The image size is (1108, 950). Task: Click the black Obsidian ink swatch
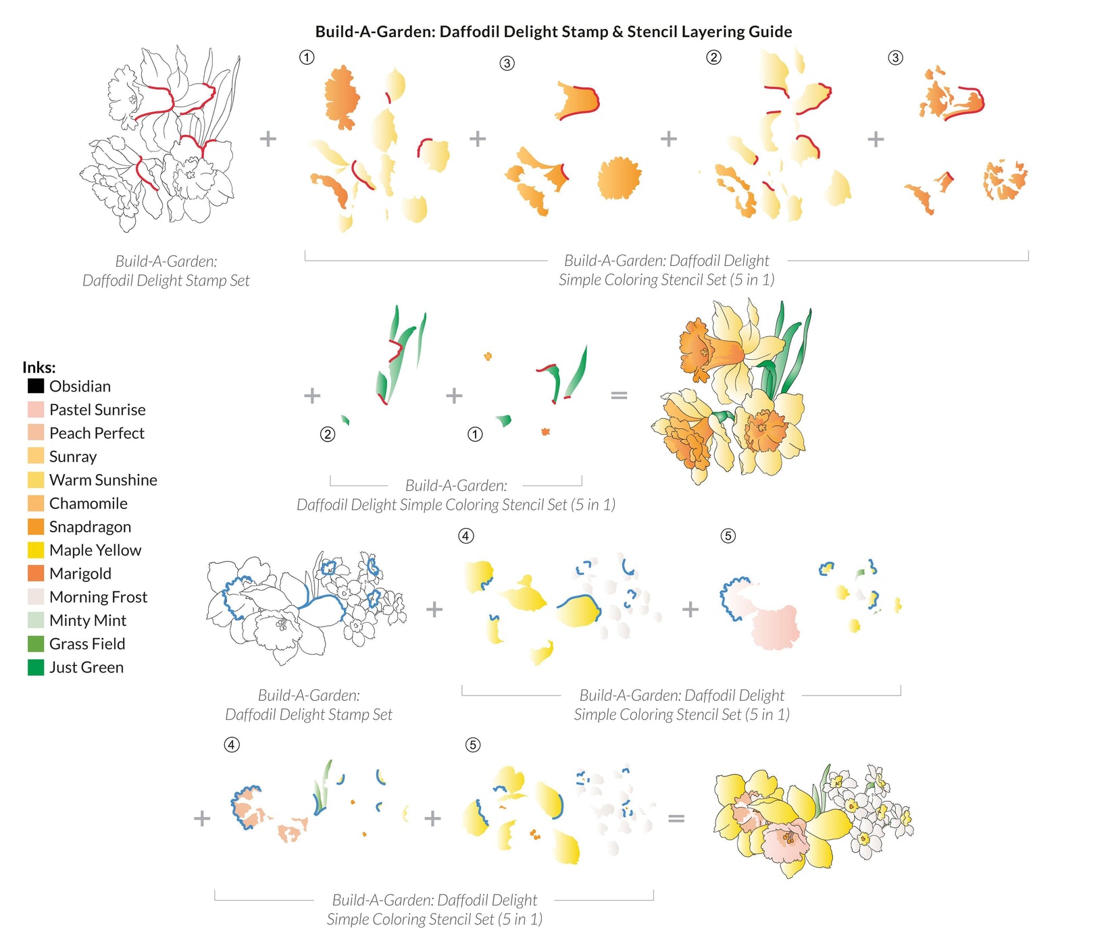point(36,386)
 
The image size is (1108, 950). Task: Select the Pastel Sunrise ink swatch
point(36,410)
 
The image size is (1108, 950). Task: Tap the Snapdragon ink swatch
point(36,527)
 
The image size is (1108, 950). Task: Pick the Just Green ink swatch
point(36,667)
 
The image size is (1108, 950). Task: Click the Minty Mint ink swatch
point(36,621)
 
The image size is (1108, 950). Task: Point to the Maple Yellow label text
point(95,550)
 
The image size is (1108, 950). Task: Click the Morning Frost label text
point(98,597)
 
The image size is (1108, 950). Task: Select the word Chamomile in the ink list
point(88,504)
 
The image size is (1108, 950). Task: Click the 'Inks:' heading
point(39,367)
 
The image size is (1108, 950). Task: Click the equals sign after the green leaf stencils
point(619,395)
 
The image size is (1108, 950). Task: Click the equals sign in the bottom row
point(676,818)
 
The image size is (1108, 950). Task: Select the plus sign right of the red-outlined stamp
point(268,139)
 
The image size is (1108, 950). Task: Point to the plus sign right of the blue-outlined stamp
point(434,609)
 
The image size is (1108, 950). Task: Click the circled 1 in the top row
point(307,57)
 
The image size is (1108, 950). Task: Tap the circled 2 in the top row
point(713,57)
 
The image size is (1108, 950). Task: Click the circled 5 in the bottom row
point(473,745)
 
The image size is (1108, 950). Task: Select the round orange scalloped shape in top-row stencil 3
point(619,178)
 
